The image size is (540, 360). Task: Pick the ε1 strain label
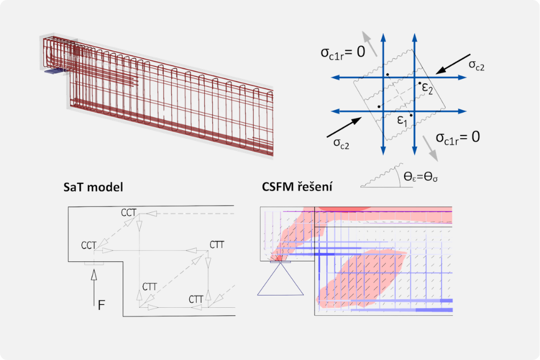[x=402, y=121]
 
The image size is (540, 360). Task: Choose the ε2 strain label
[x=427, y=87]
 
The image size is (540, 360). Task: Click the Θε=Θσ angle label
[x=421, y=180]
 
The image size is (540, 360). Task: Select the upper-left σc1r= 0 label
[x=342, y=52]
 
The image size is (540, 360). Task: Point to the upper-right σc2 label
[x=477, y=65]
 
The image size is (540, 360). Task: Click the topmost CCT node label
[x=128, y=212]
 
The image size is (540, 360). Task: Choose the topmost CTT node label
[x=216, y=245]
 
